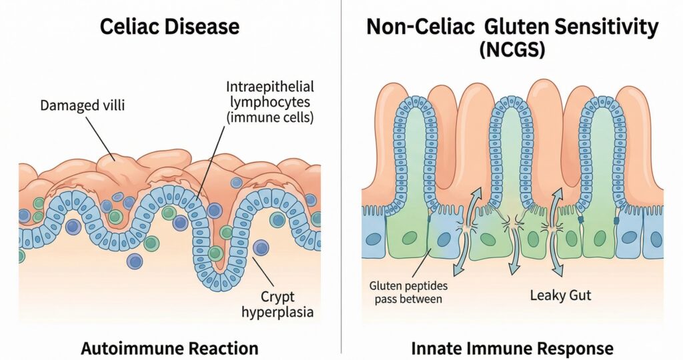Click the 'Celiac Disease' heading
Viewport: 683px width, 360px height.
tap(170, 27)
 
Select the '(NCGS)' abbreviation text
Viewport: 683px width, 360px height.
tap(512, 51)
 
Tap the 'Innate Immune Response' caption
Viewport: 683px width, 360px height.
tap(512, 347)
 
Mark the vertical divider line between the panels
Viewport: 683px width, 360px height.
tap(341, 180)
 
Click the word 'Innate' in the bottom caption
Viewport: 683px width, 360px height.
tap(434, 347)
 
